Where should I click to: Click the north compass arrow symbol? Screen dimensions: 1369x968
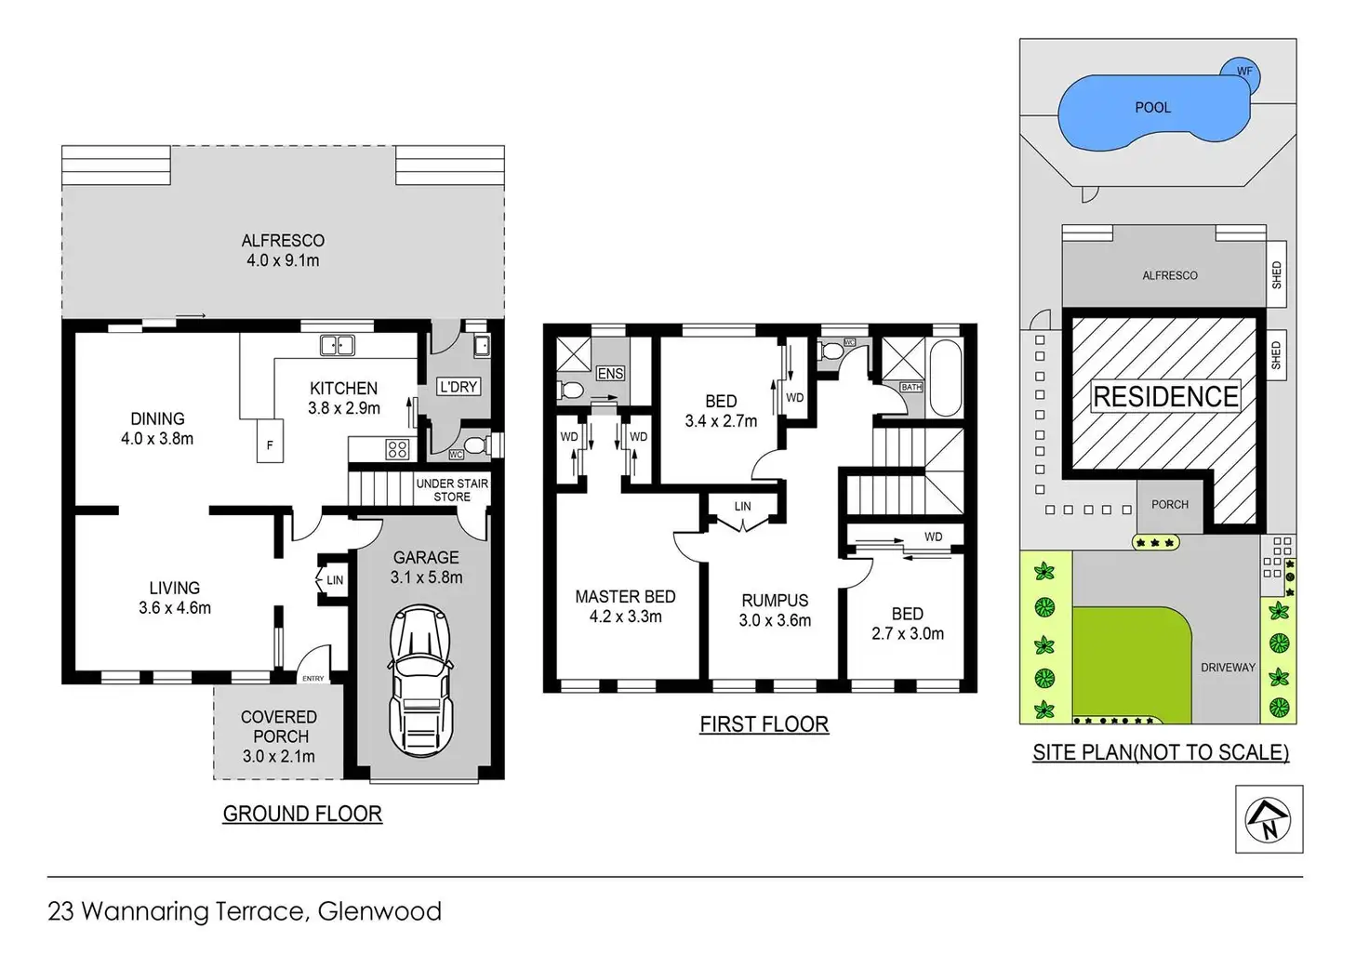click(1269, 819)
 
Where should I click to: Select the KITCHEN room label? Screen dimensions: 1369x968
click(343, 389)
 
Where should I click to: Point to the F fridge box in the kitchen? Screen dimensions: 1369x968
click(270, 445)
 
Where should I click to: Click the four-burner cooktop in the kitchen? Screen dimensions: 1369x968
click(397, 450)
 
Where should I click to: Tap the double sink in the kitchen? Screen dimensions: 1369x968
click(337, 345)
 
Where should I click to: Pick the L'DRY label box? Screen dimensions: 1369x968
click(458, 386)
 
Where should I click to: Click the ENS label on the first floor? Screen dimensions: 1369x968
click(610, 374)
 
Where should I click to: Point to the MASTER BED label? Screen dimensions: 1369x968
click(625, 597)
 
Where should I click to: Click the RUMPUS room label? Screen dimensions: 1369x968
click(775, 601)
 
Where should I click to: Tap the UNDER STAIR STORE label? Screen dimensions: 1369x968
click(452, 490)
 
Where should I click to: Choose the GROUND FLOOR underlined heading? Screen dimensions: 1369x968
click(302, 814)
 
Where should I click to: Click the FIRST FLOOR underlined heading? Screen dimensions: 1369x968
click(764, 724)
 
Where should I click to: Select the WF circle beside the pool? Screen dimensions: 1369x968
click(1244, 73)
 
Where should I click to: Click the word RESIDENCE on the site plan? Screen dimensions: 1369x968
click(1165, 397)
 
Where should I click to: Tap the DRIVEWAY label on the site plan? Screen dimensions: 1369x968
click(1228, 668)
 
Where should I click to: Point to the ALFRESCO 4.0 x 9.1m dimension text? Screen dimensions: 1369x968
click(283, 261)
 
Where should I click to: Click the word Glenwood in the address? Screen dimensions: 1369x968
click(379, 911)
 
